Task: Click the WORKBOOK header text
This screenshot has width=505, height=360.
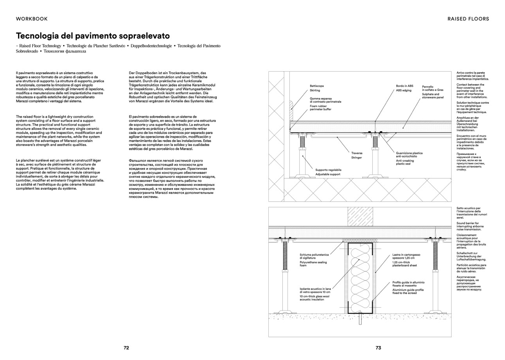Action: pos(32,18)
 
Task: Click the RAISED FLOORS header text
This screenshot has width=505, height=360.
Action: pos(468,18)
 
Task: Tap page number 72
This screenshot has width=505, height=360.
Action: pos(126,347)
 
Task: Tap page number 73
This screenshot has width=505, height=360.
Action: pos(378,347)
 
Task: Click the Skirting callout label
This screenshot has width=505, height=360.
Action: pos(315,90)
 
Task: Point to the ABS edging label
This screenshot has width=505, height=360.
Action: pos(404,90)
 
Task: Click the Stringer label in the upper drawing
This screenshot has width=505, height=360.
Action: pos(356,158)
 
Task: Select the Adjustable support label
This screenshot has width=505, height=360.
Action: pos(328,174)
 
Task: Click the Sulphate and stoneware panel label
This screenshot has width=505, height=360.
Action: pos(433,96)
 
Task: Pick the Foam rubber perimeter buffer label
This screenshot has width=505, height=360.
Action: pos(320,108)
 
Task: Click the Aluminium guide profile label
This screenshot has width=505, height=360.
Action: pos(408,292)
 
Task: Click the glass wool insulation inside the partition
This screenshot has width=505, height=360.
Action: pos(360,278)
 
